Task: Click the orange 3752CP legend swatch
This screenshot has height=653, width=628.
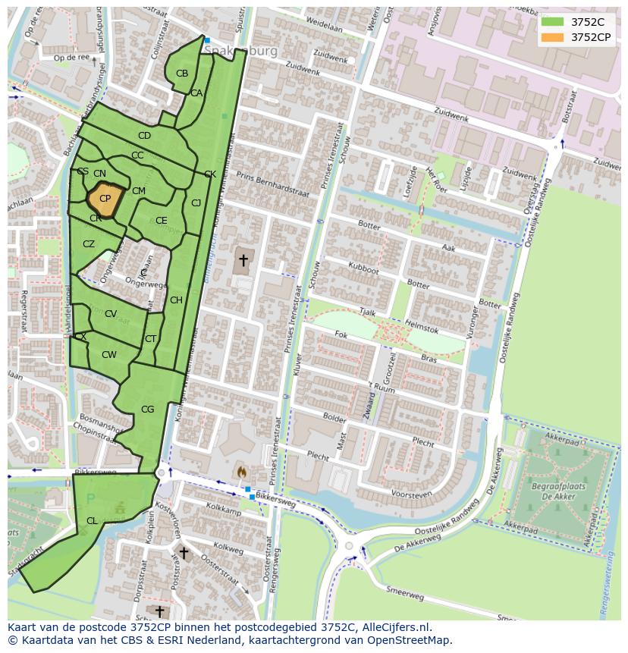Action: coord(553,37)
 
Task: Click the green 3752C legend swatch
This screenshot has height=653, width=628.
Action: coord(553,22)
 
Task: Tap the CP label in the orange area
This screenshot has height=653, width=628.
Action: coord(105,199)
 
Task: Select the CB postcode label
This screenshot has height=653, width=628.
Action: coord(182,74)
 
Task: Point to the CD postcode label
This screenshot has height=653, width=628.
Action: coord(144,136)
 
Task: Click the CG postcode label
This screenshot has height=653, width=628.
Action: coord(147,410)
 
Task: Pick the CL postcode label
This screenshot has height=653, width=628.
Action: coord(92,521)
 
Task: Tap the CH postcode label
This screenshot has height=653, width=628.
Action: coord(176,300)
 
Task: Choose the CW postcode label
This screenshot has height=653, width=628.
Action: coord(109,355)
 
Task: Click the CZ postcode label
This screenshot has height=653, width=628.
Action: coord(89,244)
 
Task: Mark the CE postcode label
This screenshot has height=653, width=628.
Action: coord(161,221)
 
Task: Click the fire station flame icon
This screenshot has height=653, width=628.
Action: coord(241,471)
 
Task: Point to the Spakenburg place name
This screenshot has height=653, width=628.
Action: coord(240,51)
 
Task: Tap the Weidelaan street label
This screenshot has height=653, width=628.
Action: coord(324,25)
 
